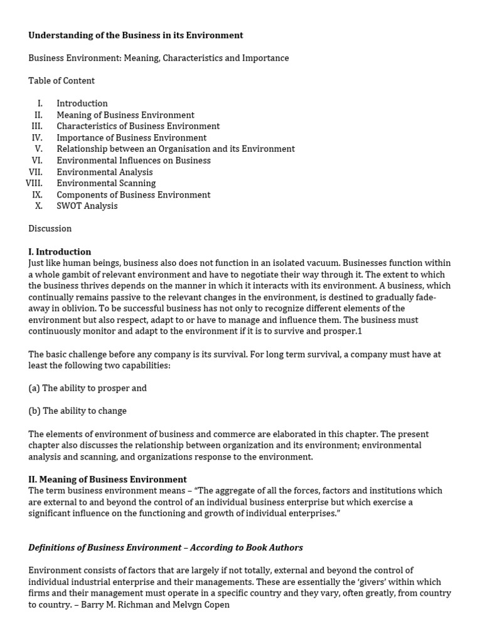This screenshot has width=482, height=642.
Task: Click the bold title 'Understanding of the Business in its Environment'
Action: (136, 35)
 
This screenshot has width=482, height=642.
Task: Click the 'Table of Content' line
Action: (62, 80)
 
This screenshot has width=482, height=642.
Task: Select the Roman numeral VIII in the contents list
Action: (34, 183)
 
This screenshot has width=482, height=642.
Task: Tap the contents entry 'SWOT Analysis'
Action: (87, 206)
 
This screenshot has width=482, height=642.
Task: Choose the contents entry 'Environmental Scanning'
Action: (106, 183)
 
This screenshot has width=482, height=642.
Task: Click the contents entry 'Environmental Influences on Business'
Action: (134, 160)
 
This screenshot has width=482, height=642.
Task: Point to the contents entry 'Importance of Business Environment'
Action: (131, 137)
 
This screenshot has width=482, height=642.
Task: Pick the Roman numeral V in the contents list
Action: (39, 149)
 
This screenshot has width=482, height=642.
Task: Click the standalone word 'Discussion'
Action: (50, 228)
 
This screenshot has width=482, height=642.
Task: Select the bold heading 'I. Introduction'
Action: (60, 251)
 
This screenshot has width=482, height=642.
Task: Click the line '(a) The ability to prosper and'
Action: (87, 388)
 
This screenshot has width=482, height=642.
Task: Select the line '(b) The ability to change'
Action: (77, 411)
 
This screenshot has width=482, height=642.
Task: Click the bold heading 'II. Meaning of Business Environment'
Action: (107, 479)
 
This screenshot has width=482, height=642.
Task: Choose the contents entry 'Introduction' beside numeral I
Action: (82, 103)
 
